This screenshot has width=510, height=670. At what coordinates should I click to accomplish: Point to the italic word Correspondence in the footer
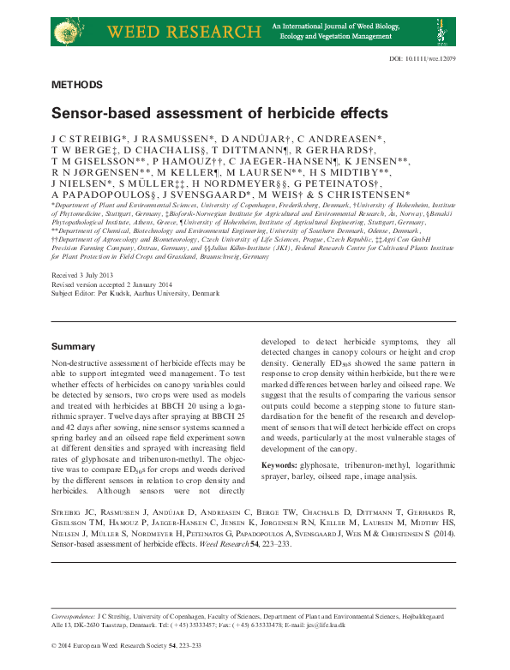(72, 616)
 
